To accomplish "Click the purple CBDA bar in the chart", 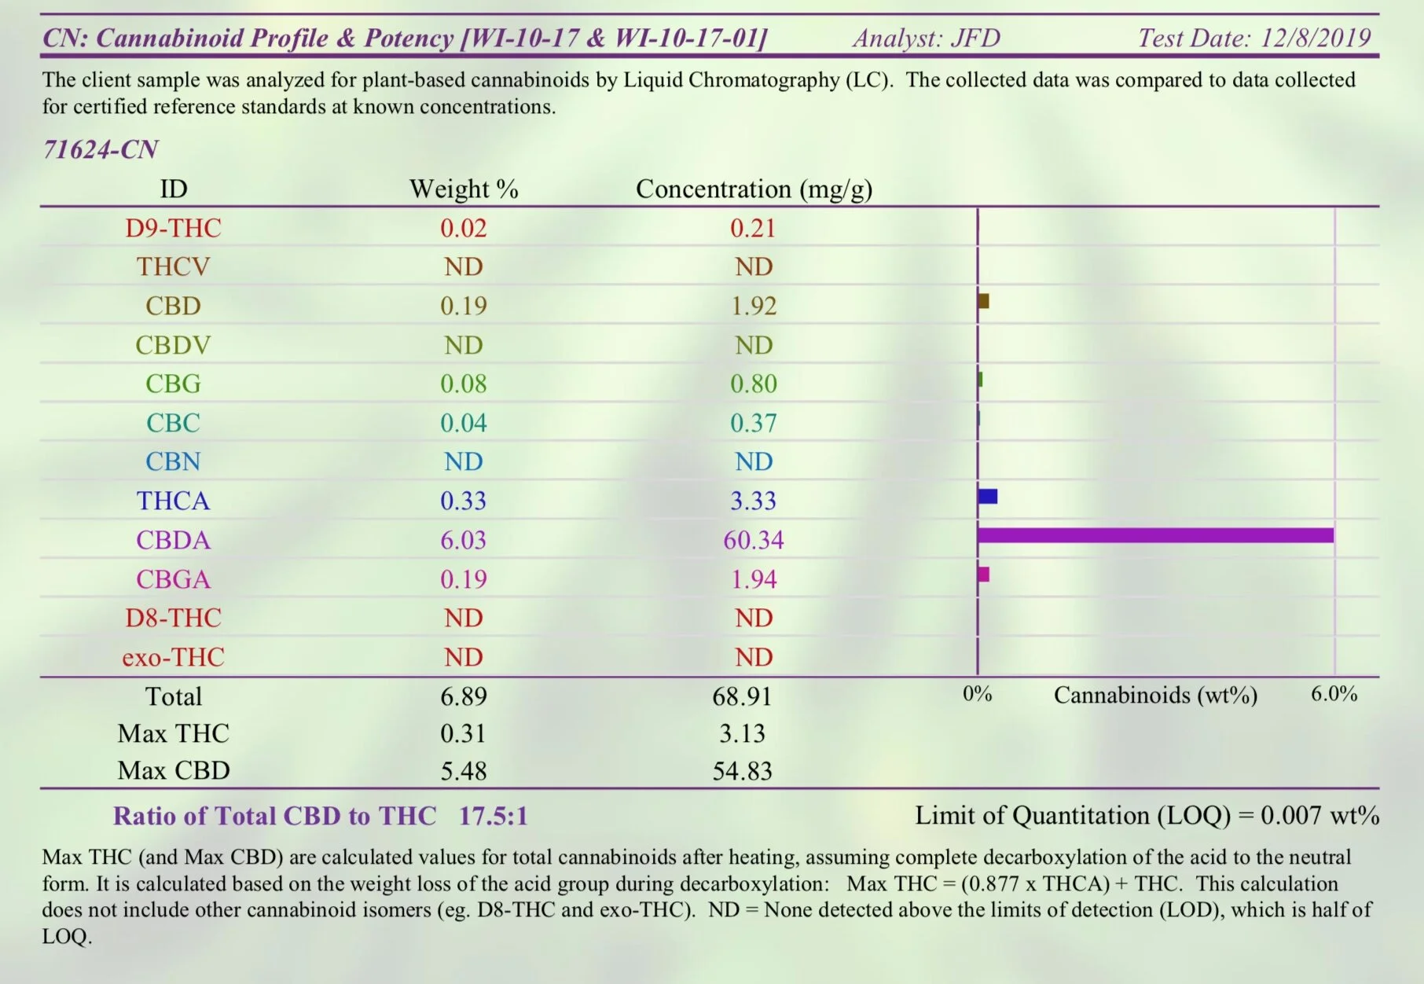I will [1155, 535].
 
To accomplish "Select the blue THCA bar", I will [988, 496].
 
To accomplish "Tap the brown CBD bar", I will [983, 301].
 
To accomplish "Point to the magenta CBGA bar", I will [983, 575].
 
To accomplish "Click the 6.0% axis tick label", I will [1334, 694].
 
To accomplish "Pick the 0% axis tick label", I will [978, 694].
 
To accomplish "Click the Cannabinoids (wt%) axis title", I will [1155, 695].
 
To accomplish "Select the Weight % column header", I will [464, 189].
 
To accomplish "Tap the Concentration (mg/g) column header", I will [754, 189].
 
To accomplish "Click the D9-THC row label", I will [173, 228].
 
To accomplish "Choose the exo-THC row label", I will [173, 657].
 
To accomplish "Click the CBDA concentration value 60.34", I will [754, 540].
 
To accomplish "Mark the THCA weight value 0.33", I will [464, 501].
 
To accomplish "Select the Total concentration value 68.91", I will [742, 696].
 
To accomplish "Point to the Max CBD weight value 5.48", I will [464, 770].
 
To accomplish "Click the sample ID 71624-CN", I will [101, 149].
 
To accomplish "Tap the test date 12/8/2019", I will [1316, 38].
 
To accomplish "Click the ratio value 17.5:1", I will [493, 816].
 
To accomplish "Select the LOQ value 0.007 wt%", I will [1319, 815].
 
